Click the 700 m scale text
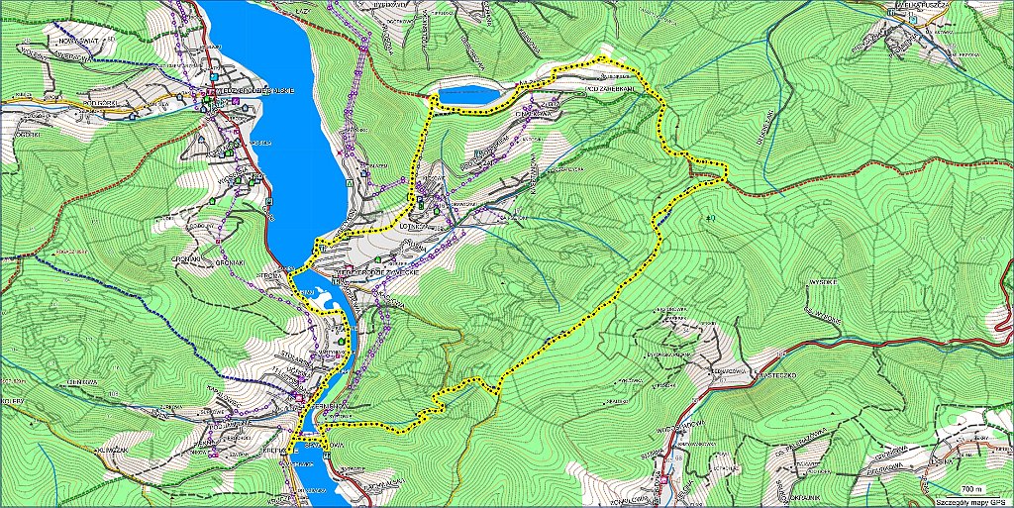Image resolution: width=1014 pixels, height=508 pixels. [974, 489]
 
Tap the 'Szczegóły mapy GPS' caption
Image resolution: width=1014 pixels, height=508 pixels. [961, 501]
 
